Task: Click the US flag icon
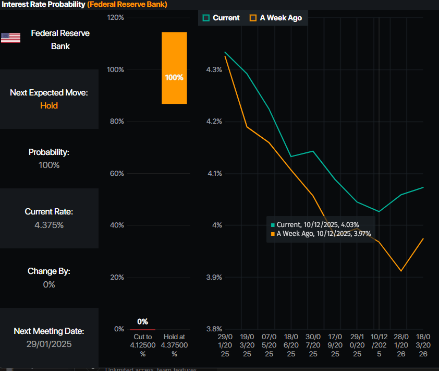(10, 38)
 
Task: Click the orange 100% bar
(174, 68)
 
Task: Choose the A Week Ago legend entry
(276, 18)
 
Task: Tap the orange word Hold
(49, 105)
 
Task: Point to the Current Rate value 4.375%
(49, 225)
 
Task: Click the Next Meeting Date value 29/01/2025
(49, 344)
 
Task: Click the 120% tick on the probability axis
(115, 18)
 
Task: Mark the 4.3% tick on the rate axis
(214, 69)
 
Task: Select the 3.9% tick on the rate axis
(214, 277)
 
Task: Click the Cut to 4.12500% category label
(142, 345)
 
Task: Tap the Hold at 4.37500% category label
(174, 345)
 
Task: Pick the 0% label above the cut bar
(142, 321)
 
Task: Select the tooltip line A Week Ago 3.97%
(323, 234)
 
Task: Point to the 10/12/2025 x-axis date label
(379, 345)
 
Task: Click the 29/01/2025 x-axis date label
(225, 345)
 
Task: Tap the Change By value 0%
(49, 284)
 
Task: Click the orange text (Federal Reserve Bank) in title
(127, 4)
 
